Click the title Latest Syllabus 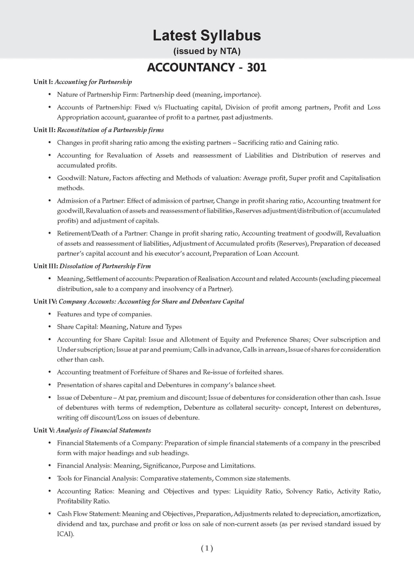(x=207, y=36)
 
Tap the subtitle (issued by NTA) (x=207, y=51)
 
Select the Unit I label (x=43, y=82)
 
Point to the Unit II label (x=44, y=130)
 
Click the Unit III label (x=46, y=266)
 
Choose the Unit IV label (x=45, y=302)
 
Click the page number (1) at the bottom (x=207, y=548)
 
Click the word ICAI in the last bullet (x=65, y=534)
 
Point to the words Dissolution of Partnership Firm (x=105, y=266)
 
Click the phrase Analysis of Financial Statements (x=103, y=430)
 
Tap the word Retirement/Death (x=82, y=234)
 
